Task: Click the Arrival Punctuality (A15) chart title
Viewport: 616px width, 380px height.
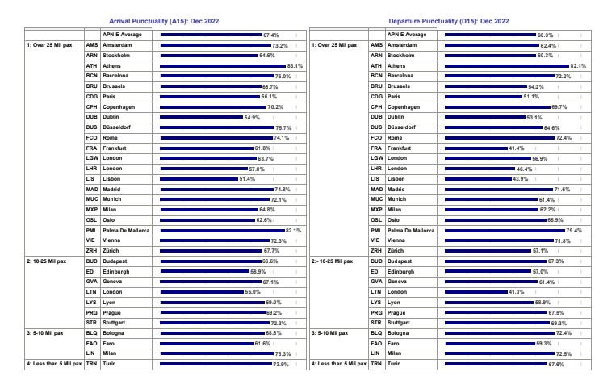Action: tap(164, 21)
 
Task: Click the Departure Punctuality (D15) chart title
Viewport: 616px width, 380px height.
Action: tap(449, 21)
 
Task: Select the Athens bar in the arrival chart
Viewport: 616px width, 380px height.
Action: tap(223, 66)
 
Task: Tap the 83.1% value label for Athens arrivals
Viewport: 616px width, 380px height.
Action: tap(295, 66)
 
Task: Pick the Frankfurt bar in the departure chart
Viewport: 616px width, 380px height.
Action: tap(476, 148)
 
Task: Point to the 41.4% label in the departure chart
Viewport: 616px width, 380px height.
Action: tap(516, 148)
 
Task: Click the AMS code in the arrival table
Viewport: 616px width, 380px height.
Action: tap(92, 45)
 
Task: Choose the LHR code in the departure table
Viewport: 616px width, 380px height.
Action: tap(376, 169)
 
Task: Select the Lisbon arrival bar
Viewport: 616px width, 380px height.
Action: tap(199, 179)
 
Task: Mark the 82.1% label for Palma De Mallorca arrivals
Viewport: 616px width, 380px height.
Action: tap(293, 231)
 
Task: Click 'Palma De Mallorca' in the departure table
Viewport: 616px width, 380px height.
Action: tap(411, 231)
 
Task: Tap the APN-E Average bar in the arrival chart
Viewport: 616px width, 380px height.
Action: tap(211, 35)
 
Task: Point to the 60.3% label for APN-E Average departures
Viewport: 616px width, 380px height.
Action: tap(545, 35)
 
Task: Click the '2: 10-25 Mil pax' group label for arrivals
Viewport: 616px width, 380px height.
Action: tap(46, 261)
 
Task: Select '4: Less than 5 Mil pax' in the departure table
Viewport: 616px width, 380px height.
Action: tap(339, 364)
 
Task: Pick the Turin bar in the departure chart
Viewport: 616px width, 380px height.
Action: tap(497, 364)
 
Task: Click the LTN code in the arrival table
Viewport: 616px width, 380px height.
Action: tap(91, 292)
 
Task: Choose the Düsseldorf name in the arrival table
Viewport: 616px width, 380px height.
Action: tap(117, 127)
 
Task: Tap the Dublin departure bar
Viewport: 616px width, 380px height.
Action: tap(485, 117)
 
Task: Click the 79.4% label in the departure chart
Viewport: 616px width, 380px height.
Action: tap(574, 231)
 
